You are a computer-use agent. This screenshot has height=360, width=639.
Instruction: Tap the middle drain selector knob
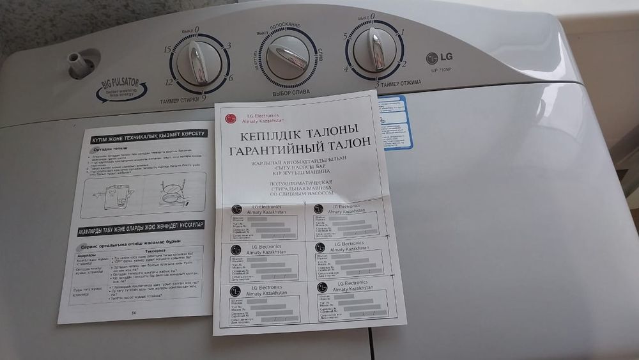pos(288,56)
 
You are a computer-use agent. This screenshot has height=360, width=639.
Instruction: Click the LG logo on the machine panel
pos(435,58)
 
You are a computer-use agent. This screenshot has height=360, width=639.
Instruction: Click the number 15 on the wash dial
pos(167,50)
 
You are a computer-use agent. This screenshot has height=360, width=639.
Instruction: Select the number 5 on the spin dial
pos(346,36)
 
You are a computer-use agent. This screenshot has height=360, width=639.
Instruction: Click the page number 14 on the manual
pos(134,313)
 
